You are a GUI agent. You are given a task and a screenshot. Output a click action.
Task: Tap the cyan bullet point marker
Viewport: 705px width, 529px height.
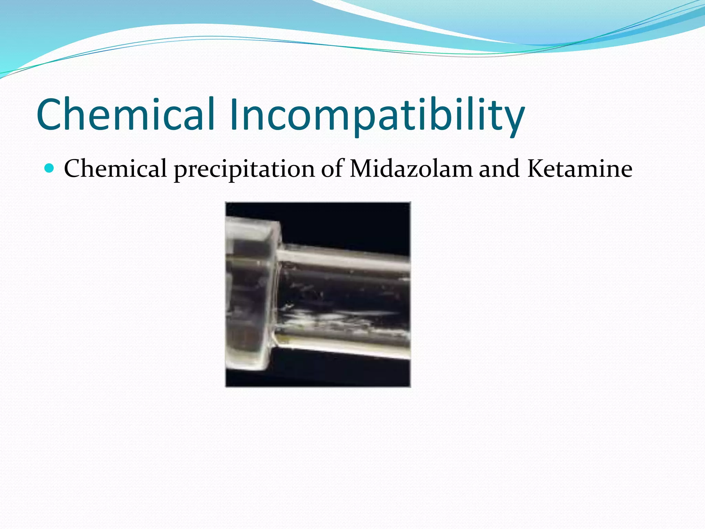pos(50,168)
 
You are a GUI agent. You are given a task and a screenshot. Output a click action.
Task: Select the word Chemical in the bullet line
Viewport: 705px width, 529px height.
pos(115,168)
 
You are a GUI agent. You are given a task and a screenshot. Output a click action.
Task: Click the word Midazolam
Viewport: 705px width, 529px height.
pos(411,168)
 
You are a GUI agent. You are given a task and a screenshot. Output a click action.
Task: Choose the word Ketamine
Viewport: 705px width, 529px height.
pos(580,168)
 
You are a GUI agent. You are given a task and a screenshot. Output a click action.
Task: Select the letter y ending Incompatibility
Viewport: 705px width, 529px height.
pos(513,119)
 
